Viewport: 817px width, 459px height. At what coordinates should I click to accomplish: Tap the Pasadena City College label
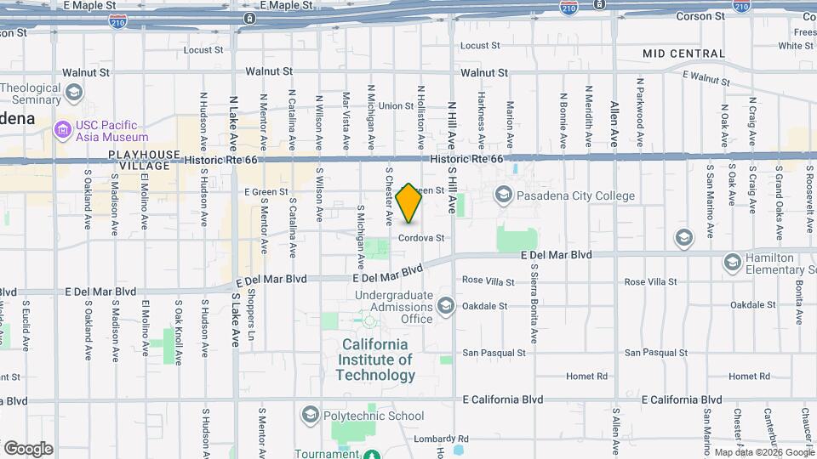[x=577, y=195]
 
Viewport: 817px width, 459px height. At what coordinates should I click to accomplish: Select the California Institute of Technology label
[x=376, y=360]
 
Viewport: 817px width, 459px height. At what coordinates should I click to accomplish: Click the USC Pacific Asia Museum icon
[x=62, y=130]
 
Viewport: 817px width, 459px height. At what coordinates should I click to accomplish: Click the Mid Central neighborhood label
[x=684, y=54]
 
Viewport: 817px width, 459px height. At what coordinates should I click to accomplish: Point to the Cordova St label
[x=422, y=238]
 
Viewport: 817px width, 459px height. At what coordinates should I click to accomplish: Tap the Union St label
[x=396, y=106]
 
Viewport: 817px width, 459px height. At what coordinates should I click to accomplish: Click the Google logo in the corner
[x=27, y=449]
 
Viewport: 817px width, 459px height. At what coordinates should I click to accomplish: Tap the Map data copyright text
[x=763, y=452]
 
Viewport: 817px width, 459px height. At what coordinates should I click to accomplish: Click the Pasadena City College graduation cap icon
[x=503, y=195]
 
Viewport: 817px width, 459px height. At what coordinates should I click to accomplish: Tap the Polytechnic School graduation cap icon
[x=310, y=415]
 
